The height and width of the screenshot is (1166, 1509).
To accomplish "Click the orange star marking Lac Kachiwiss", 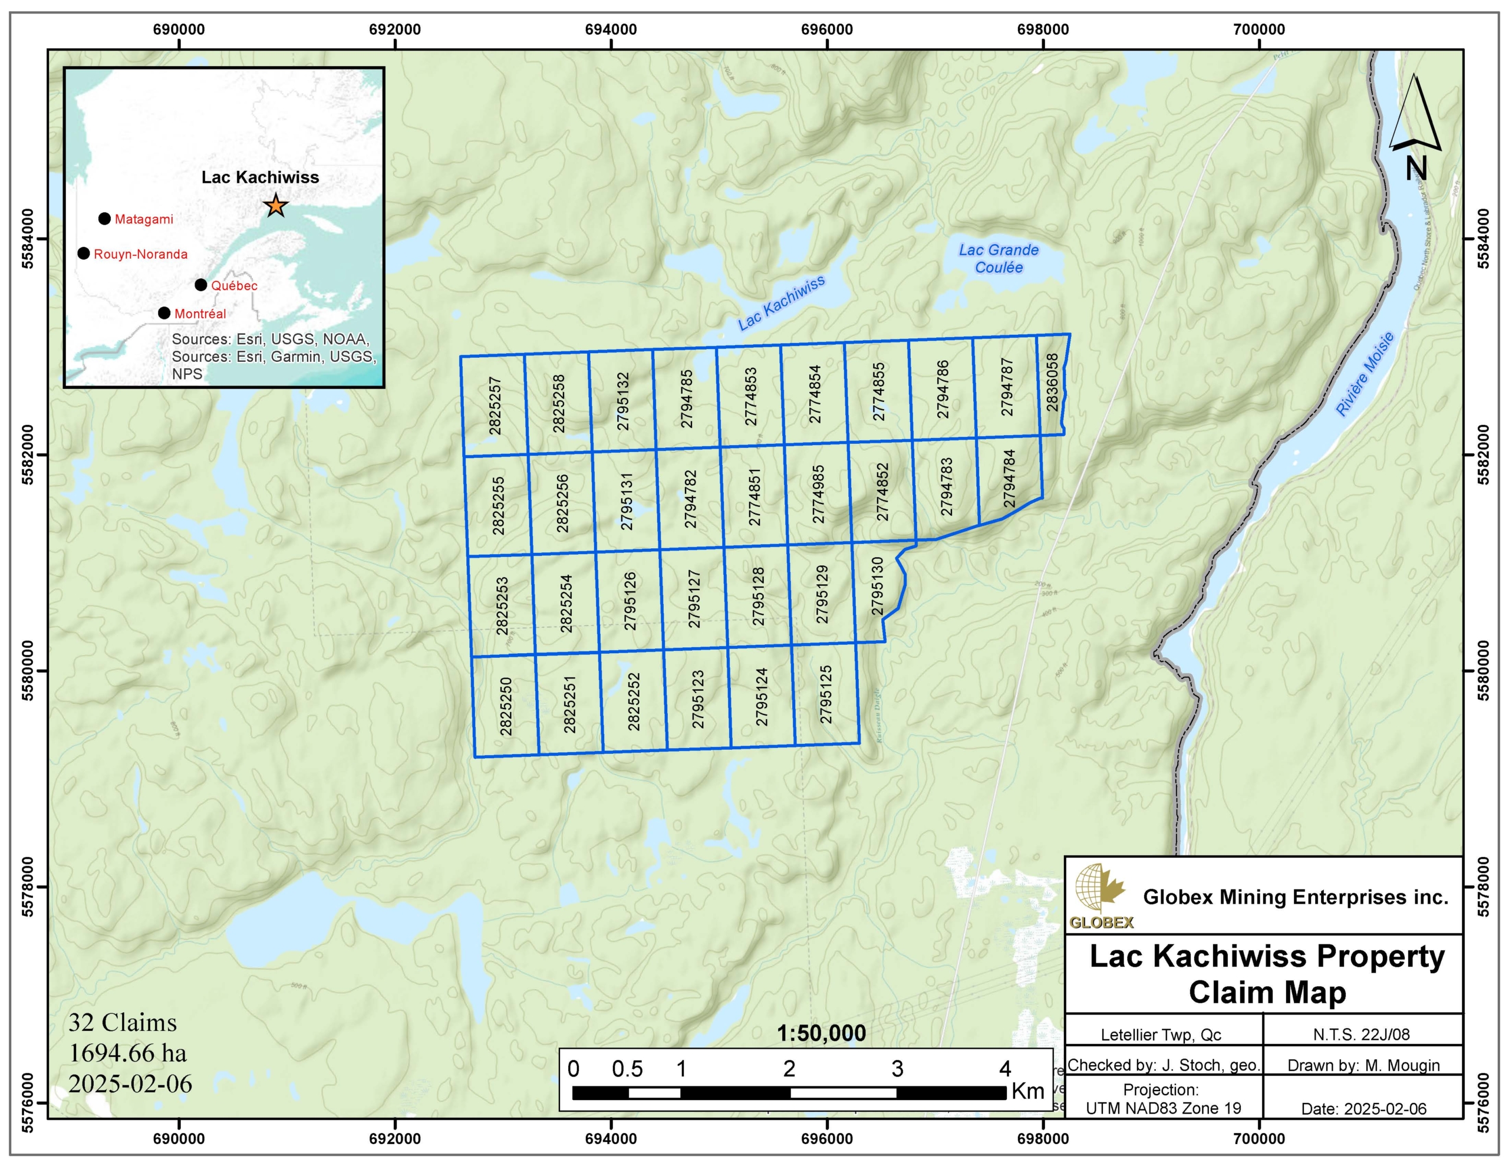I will (x=276, y=205).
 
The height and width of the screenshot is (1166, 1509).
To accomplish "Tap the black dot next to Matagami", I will (x=104, y=219).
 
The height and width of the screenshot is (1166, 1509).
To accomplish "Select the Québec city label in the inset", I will (x=234, y=285).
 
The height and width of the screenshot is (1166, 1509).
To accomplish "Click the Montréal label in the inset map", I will (x=200, y=314).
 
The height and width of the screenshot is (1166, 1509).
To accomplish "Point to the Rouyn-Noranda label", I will (x=140, y=254).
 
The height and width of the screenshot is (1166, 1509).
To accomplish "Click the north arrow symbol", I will (x=1415, y=128).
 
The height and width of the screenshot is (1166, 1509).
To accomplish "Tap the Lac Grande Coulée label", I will (x=999, y=259).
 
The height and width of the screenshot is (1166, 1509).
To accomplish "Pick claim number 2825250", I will (x=506, y=706).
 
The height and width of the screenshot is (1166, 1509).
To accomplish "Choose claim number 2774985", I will (x=818, y=493).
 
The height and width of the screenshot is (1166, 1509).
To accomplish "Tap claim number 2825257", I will (x=495, y=406).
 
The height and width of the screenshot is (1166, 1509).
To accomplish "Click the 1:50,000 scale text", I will (x=821, y=1033).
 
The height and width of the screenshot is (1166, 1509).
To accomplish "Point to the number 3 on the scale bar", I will (x=897, y=1069).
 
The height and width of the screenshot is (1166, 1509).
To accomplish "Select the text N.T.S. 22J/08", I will (x=1361, y=1035).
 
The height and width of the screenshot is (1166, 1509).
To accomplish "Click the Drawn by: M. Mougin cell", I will (x=1363, y=1065).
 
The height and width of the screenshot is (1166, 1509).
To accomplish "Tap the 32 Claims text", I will (x=122, y=1022).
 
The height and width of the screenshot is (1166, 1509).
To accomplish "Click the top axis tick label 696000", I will (x=826, y=29).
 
